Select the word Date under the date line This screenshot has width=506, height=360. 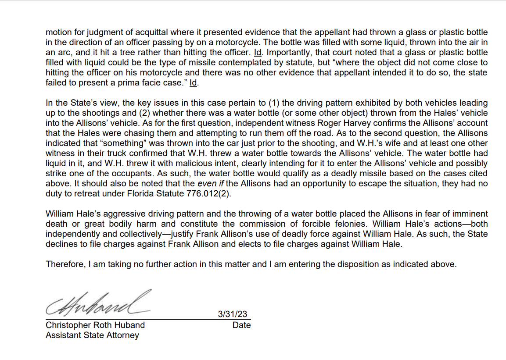(x=242, y=325)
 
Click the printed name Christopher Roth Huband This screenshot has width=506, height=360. (x=95, y=325)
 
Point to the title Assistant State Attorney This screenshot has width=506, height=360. (x=92, y=335)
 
